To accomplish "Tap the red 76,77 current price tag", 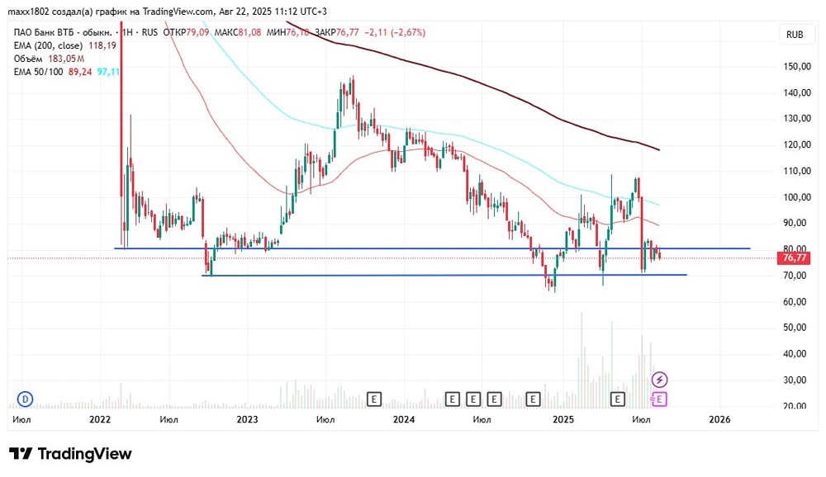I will coord(795,258).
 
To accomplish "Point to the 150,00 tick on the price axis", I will coord(795,66).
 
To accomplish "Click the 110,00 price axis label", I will coord(795,171).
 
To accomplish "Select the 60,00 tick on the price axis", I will coord(795,301).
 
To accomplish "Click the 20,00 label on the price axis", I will coord(795,406).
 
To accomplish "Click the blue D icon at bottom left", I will coord(25,399).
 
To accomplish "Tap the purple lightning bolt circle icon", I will coord(660,380).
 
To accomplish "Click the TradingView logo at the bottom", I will coord(71,454).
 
